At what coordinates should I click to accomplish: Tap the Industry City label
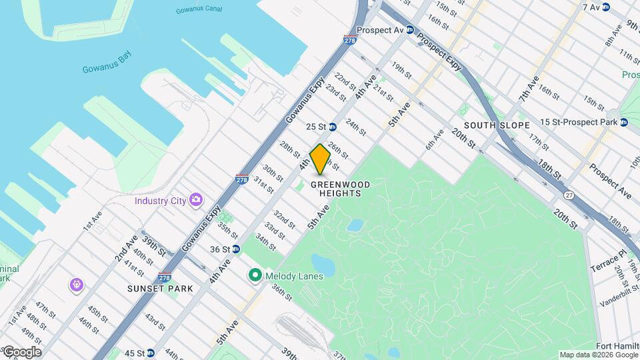[160, 200]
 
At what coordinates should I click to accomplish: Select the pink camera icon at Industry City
[195, 200]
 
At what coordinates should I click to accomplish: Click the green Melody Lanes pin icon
[254, 275]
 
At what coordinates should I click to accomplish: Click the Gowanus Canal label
[199, 11]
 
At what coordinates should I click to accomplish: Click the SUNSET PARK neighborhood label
[160, 289]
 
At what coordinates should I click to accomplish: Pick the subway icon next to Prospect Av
[410, 30]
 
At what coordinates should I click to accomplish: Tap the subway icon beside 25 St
[332, 127]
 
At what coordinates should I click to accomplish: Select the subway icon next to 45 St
[150, 353]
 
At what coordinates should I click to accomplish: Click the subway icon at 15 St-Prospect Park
[624, 122]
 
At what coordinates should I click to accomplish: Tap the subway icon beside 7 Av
[605, 7]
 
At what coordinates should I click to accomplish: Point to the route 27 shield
[568, 195]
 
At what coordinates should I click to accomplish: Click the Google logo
[21, 352]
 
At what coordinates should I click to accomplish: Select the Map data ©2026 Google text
[598, 355]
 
